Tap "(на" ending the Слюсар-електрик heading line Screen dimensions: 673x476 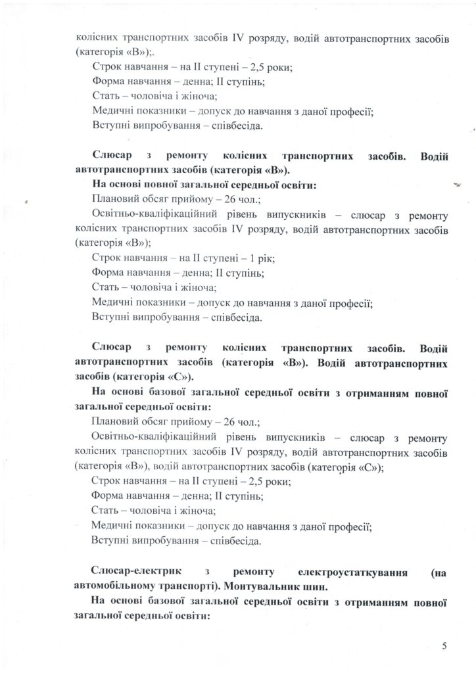438,572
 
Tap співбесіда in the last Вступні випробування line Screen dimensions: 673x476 231,542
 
